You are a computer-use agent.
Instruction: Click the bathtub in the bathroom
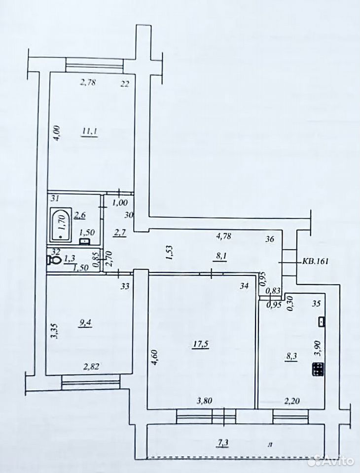click(x=61, y=225)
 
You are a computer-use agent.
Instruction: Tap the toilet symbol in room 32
click(x=53, y=260)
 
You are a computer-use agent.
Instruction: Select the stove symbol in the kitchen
click(x=318, y=369)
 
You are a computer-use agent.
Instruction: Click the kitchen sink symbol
click(x=322, y=322)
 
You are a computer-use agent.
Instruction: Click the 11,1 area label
click(x=90, y=132)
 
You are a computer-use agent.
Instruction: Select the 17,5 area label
click(x=201, y=343)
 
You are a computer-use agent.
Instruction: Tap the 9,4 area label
click(x=85, y=323)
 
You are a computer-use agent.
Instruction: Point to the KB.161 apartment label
click(x=315, y=261)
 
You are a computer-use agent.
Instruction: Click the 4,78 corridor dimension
click(x=224, y=236)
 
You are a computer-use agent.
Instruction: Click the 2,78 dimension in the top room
click(x=88, y=82)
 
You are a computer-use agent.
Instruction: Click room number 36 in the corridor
click(x=270, y=239)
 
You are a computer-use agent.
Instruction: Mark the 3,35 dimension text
click(x=54, y=331)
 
